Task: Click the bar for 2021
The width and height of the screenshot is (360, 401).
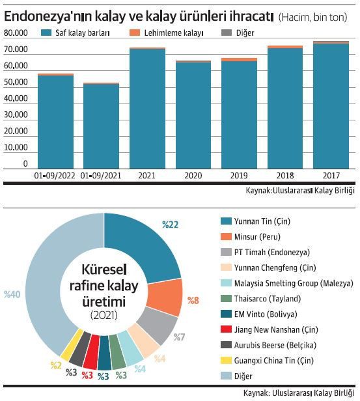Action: coord(147,108)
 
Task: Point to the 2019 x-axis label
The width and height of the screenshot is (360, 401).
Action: coord(239,175)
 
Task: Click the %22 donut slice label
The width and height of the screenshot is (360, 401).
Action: coord(170,225)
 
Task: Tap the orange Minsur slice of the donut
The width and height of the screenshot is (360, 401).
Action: coord(171,296)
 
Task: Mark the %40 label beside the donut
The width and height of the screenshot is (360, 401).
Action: coord(13,294)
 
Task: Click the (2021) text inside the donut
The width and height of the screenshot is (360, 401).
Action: coord(104,316)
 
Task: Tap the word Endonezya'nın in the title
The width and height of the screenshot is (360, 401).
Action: coord(46,14)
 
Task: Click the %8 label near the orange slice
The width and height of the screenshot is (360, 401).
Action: coord(193,300)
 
